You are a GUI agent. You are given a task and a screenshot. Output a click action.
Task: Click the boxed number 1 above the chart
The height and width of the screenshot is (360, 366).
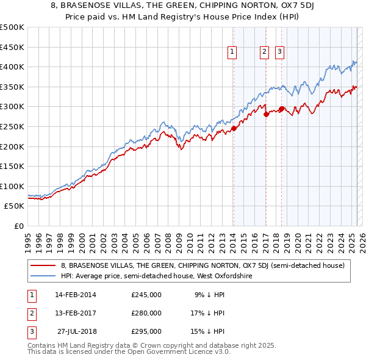233,52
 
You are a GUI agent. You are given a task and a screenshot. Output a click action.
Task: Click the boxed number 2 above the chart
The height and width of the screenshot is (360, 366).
265,52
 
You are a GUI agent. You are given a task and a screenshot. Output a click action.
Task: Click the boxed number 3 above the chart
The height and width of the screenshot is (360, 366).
279,52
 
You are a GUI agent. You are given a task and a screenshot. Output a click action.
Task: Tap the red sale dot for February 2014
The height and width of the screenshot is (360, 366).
234,128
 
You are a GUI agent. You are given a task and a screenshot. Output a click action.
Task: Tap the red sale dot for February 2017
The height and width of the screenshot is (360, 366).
266,114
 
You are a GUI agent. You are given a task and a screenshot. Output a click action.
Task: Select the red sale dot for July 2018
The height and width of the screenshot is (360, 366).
281,109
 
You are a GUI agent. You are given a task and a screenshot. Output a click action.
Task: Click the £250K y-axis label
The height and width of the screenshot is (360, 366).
12,126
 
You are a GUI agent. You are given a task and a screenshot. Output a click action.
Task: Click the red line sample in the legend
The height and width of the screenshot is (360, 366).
44,265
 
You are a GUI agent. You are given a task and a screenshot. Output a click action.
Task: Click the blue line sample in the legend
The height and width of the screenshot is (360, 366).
44,276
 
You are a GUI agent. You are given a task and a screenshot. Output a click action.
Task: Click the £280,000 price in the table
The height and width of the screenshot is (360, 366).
146,313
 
